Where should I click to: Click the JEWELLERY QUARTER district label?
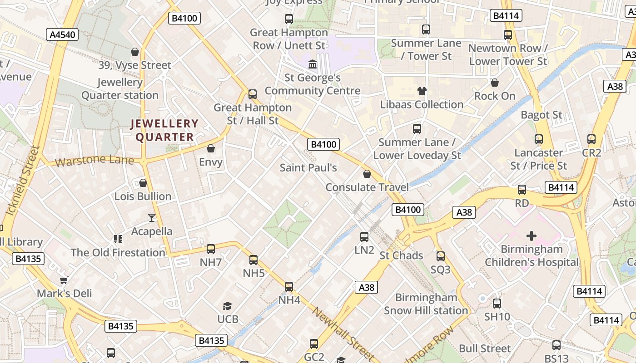[165, 130]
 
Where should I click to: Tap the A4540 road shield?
[62, 34]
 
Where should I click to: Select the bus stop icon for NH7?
[211, 249]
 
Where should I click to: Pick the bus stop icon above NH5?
[253, 260]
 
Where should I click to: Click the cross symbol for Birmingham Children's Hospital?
[531, 236]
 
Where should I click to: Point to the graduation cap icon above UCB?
[227, 306]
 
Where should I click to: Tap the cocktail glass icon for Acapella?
[152, 218]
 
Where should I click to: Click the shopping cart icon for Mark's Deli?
[64, 280]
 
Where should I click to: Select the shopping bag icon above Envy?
[211, 148]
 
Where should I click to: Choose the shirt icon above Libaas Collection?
[422, 91]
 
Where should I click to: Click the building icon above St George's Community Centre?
[313, 64]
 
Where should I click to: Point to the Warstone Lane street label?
[94, 161]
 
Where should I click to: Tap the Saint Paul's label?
[308, 167]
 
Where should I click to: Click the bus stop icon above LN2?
[364, 236]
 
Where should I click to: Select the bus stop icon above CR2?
[591, 139]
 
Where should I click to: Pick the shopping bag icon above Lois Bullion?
[143, 183]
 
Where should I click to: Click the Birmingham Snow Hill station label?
[426, 304]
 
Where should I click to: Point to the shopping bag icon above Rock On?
[495, 83]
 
